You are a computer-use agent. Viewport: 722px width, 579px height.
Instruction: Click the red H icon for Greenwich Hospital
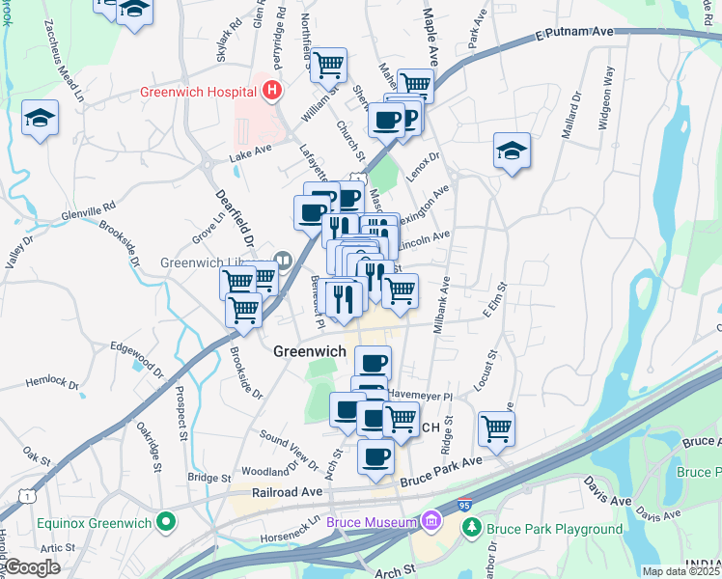tap(272, 93)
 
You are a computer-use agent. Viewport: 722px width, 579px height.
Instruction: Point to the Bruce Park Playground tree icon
tap(472, 528)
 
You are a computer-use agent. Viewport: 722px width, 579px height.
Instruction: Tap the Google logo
tap(34, 567)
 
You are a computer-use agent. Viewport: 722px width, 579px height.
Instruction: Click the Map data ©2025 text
tap(680, 571)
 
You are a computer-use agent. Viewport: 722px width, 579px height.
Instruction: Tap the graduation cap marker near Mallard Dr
tap(512, 152)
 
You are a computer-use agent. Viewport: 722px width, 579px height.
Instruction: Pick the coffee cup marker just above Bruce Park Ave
tap(375, 455)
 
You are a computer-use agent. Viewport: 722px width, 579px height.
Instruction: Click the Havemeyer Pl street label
tap(420, 396)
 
